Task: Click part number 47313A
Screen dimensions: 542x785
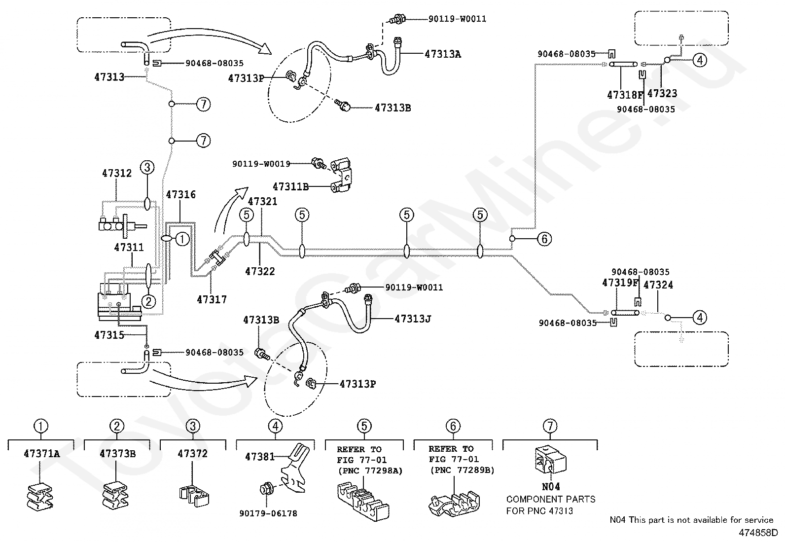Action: pyautogui.click(x=442, y=54)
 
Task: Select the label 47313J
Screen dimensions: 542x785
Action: pyautogui.click(x=413, y=319)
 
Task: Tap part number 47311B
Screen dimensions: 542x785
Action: pyautogui.click(x=290, y=186)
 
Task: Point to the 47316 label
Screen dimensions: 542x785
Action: pyautogui.click(x=180, y=195)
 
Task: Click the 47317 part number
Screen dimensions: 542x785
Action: pyautogui.click(x=212, y=299)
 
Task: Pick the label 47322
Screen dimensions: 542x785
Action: pyautogui.click(x=260, y=271)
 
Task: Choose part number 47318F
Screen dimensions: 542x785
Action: pyautogui.click(x=625, y=95)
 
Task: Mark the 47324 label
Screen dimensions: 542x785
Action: pyautogui.click(x=658, y=285)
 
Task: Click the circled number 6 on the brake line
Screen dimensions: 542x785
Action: pyautogui.click(x=544, y=239)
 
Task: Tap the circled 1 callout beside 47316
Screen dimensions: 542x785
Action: pyautogui.click(x=182, y=239)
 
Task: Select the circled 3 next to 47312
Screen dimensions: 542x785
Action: pyautogui.click(x=147, y=167)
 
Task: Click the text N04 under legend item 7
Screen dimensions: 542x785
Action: pyautogui.click(x=550, y=487)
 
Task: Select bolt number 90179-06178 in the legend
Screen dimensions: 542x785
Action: pyautogui.click(x=268, y=513)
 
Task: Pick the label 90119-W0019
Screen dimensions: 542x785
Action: pyautogui.click(x=261, y=163)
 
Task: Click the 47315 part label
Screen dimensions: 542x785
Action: pyautogui.click(x=109, y=335)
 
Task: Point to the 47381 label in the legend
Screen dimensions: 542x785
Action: pyautogui.click(x=259, y=457)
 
